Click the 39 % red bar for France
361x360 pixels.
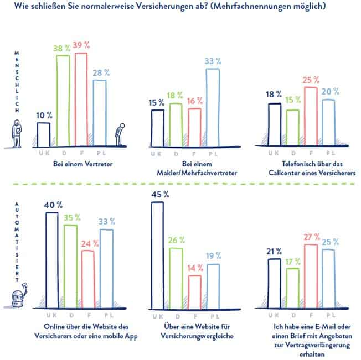click(x=81, y=100)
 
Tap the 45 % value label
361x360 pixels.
click(x=157, y=194)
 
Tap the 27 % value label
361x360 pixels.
click(x=312, y=237)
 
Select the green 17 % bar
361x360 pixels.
click(x=292, y=288)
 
